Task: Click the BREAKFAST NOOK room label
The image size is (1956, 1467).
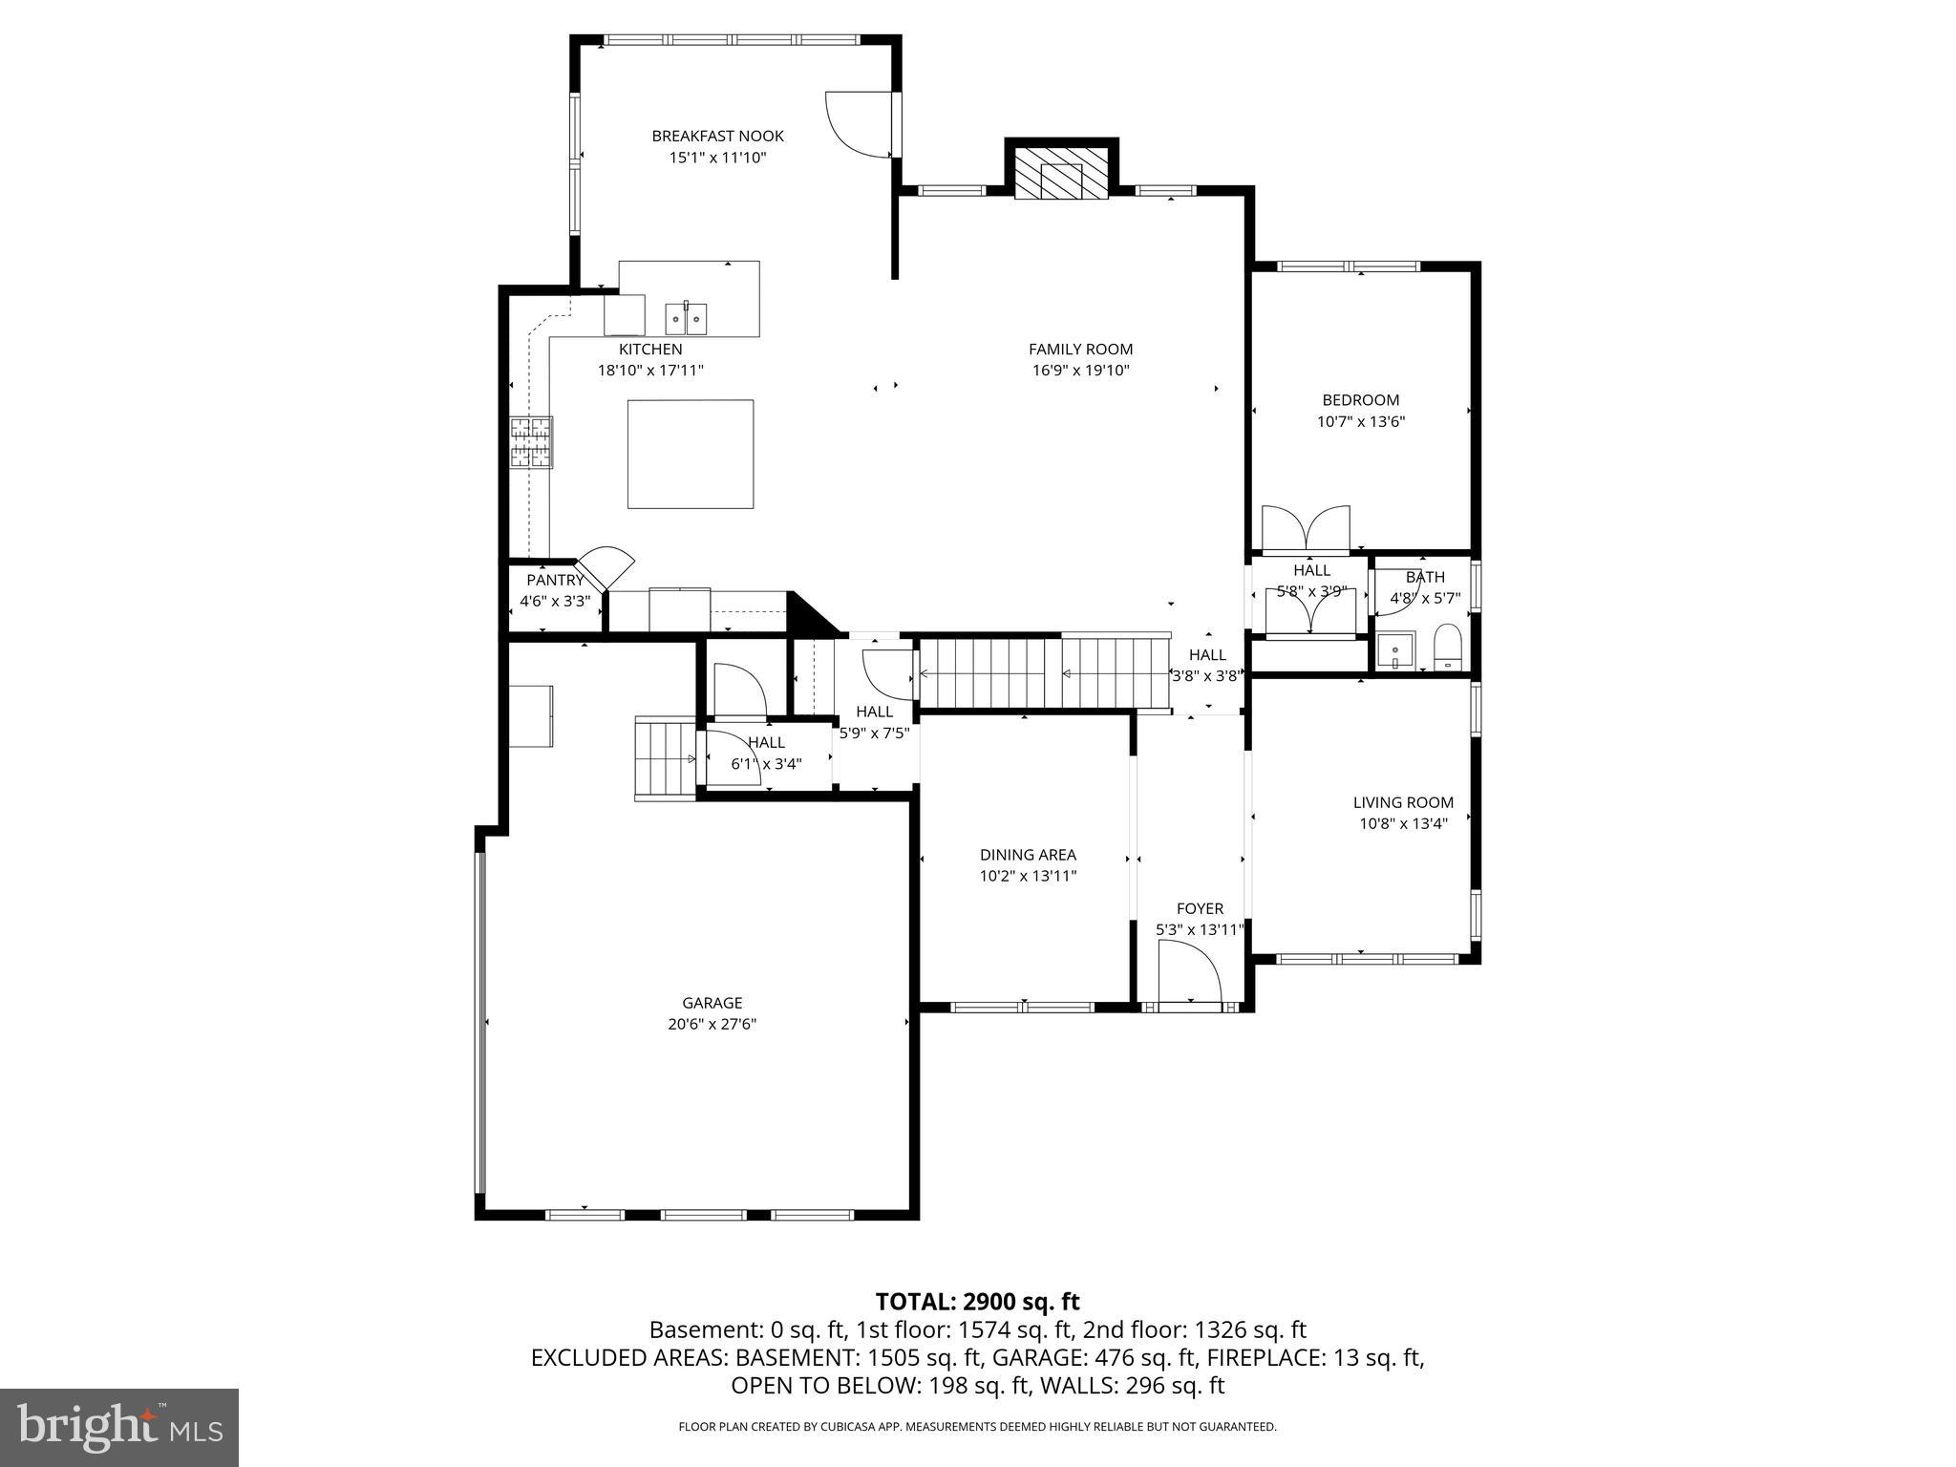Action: (717, 137)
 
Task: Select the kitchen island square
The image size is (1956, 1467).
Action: (690, 454)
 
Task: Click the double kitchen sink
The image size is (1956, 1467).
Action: (686, 317)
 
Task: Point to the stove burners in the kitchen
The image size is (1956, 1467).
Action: (531, 442)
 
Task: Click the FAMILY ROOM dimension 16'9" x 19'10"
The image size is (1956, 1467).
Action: (1080, 371)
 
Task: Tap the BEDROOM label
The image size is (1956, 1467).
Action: (1360, 400)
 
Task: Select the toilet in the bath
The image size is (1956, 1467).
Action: (1448, 648)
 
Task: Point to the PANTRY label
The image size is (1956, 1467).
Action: (555, 580)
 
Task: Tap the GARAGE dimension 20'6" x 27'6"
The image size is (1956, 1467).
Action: (712, 1024)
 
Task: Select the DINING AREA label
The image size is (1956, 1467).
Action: (1028, 855)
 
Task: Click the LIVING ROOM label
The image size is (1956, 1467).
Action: (1403, 802)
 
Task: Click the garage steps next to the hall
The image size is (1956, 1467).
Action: (664, 759)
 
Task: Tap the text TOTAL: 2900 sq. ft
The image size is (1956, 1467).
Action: (977, 1301)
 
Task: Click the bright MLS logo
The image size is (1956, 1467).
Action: (118, 1427)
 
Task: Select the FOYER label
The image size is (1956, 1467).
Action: (1200, 908)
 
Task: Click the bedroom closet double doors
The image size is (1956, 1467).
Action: (1306, 529)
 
